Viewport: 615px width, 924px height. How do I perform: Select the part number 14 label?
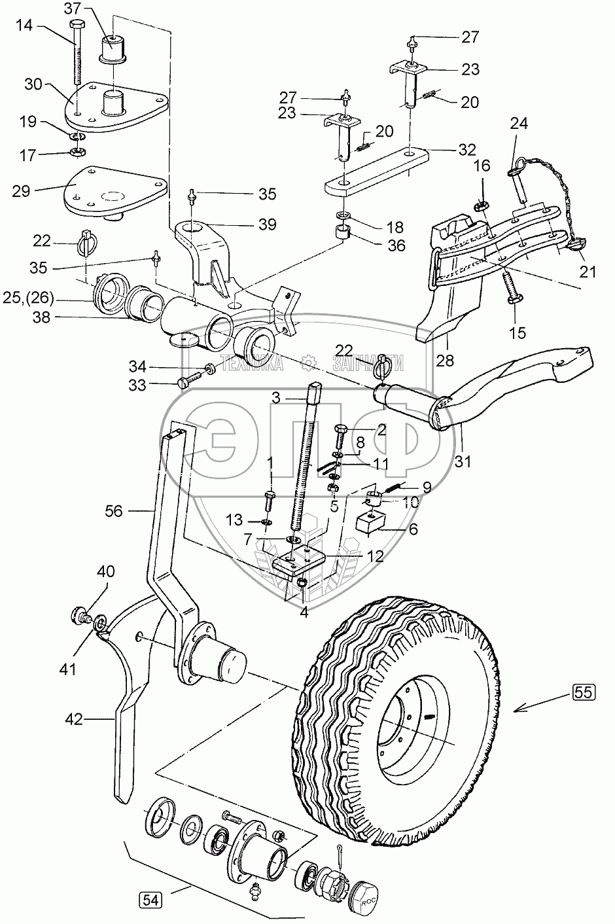[24, 26]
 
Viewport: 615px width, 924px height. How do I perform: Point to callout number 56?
[113, 511]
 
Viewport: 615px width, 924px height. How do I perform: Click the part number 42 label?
[74, 719]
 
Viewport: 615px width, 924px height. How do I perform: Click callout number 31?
[462, 461]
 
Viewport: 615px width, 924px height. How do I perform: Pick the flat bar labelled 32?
[376, 171]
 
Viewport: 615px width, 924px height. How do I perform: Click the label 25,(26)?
[28, 297]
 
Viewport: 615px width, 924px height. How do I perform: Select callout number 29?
[21, 191]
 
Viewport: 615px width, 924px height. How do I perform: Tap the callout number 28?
[445, 361]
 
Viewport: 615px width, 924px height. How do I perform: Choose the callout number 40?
[107, 571]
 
